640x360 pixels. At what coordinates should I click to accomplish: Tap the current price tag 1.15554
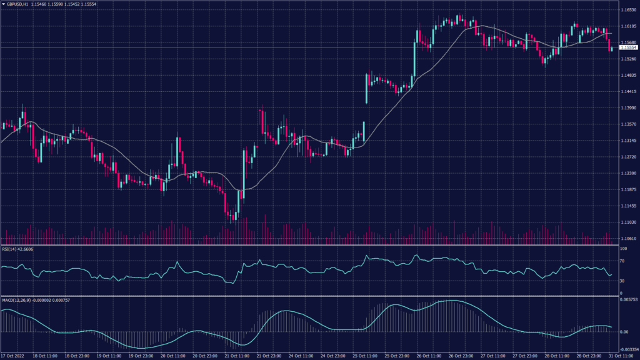[628, 47]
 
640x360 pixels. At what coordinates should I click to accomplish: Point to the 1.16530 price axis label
[628, 10]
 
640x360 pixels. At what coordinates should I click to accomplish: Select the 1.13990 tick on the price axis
[628, 107]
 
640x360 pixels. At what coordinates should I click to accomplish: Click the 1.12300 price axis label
[628, 173]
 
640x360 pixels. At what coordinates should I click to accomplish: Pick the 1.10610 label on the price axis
[628, 238]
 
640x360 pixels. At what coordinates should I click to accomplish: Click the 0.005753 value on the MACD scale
[628, 301]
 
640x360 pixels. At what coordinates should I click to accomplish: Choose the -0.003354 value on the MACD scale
[628, 350]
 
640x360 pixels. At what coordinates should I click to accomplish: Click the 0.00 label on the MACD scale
[624, 331]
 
